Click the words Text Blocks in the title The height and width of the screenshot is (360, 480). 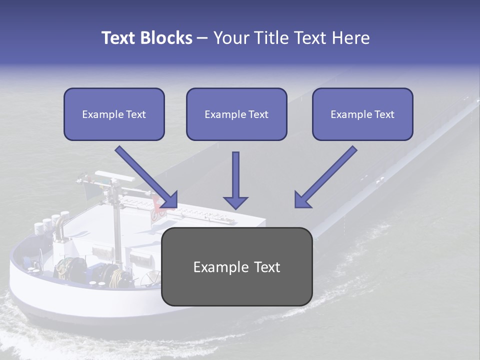coord(146,38)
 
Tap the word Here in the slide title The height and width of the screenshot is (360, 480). coord(351,38)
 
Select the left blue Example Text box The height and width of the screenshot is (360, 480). coord(114,114)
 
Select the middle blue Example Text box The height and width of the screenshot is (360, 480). coord(236,114)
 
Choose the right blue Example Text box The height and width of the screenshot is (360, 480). coord(362,114)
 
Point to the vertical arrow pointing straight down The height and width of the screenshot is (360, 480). coord(235,180)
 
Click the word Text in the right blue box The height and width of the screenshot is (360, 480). coord(384,114)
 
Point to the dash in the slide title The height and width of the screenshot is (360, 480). coord(202,38)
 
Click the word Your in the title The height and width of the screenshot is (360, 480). coord(230,38)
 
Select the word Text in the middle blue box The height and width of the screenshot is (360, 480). coord(258,114)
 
